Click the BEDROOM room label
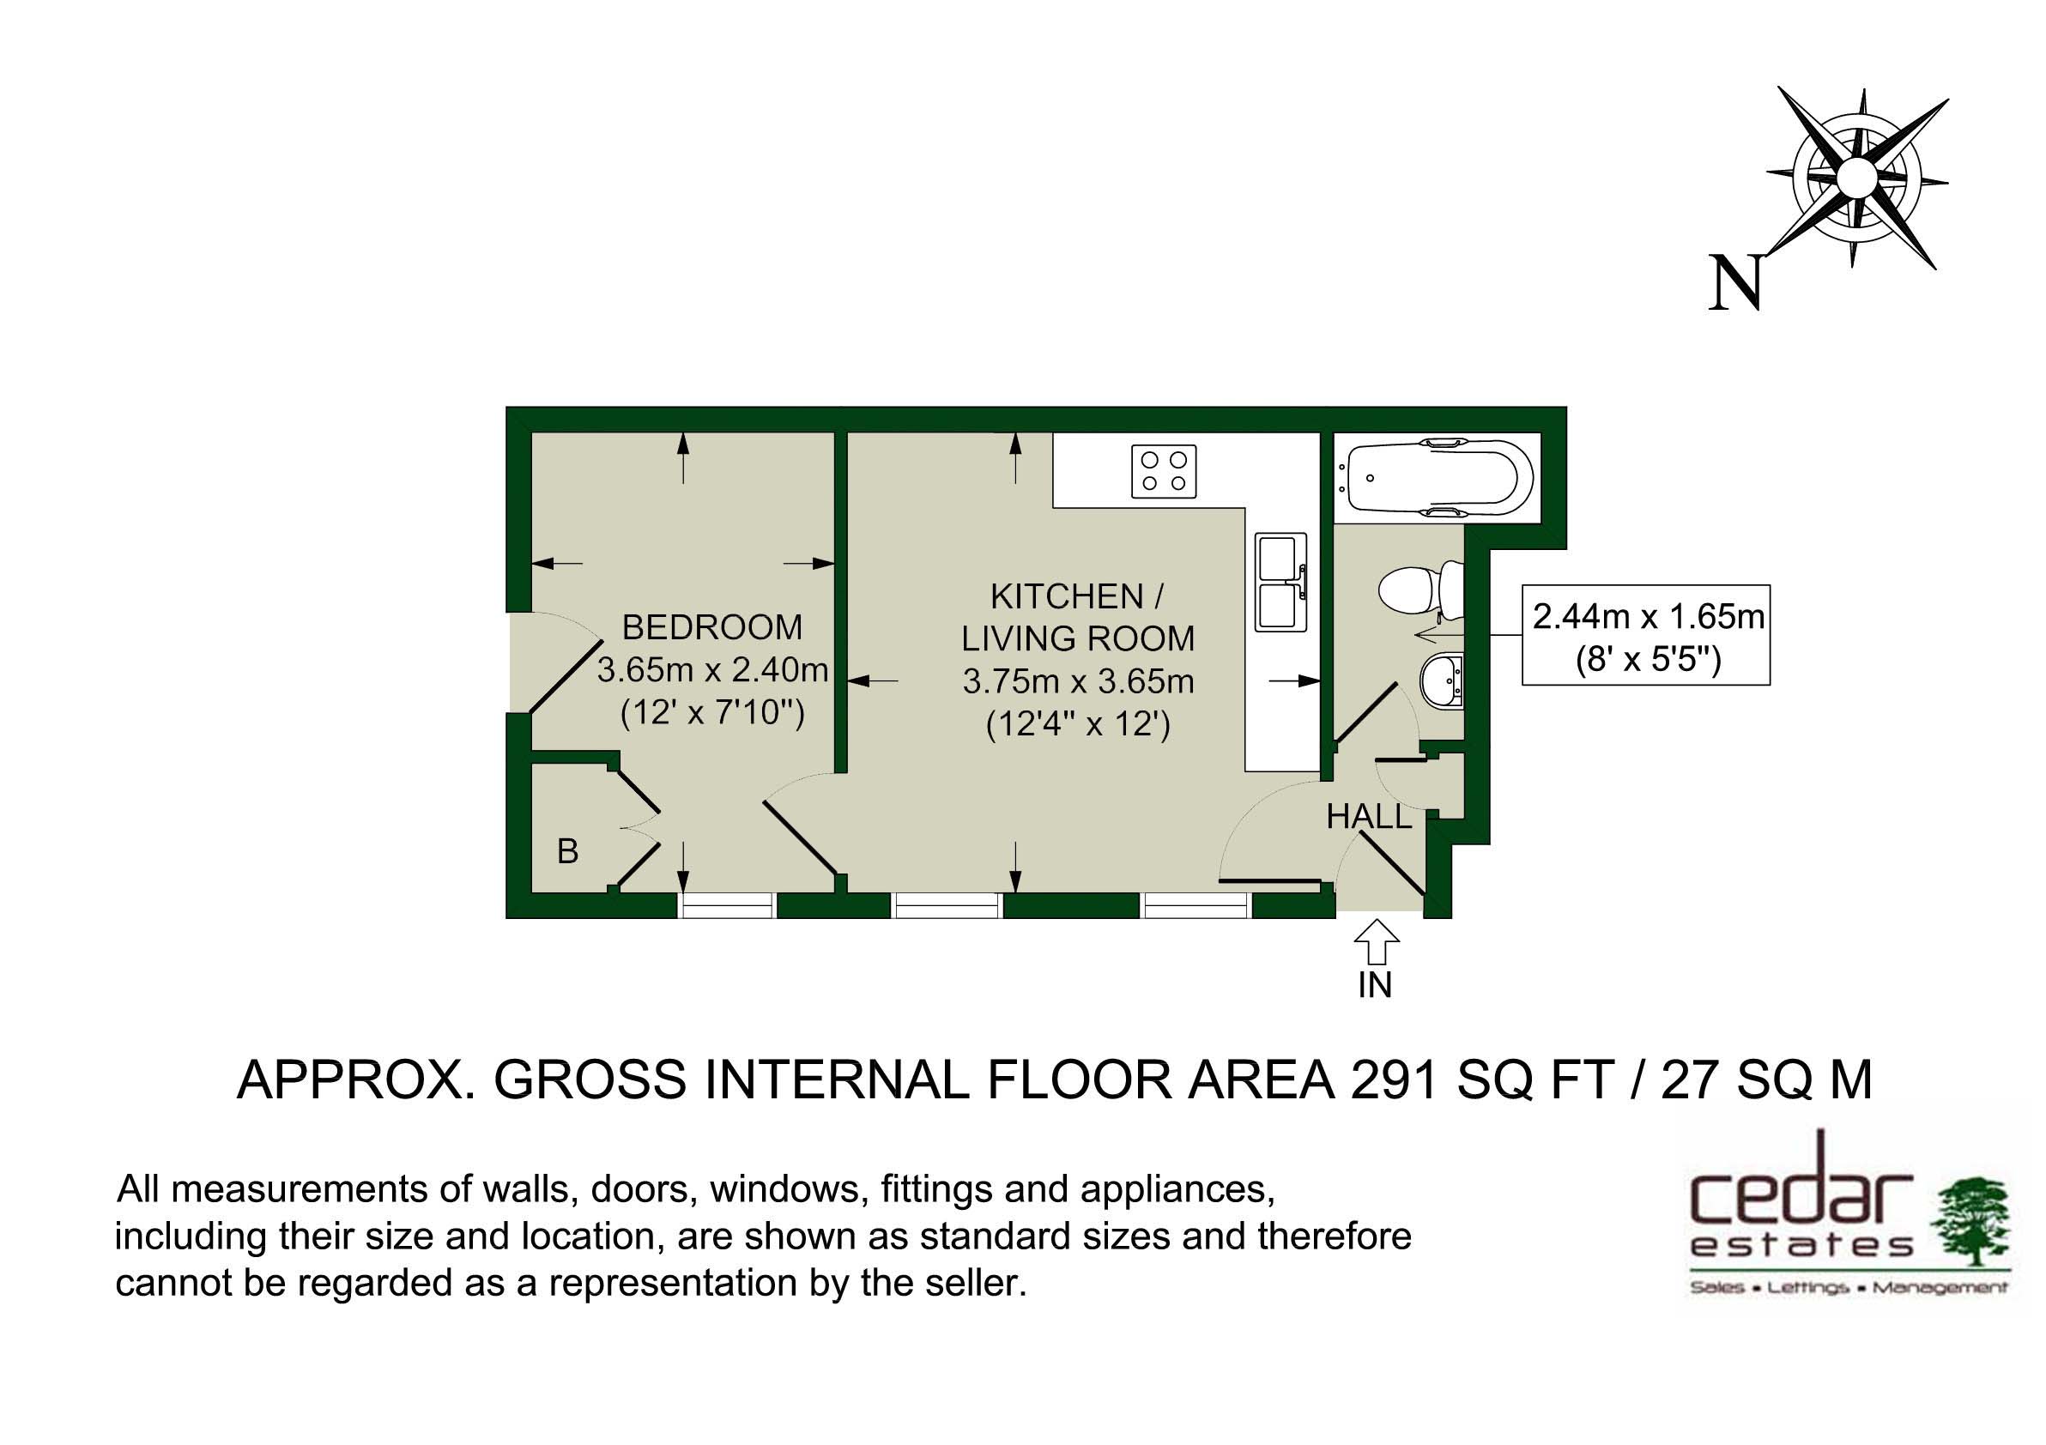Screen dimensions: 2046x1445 [712, 627]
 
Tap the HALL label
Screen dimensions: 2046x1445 [1369, 817]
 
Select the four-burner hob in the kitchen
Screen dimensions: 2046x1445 [1164, 471]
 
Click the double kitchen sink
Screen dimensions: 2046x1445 [1281, 581]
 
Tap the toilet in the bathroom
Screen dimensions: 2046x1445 [1420, 589]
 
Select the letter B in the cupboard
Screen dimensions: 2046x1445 [567, 852]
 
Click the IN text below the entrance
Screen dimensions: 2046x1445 [1375, 985]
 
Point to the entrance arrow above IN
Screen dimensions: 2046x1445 [1377, 941]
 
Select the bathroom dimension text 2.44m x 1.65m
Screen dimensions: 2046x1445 [1648, 616]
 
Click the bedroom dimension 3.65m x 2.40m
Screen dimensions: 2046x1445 [712, 670]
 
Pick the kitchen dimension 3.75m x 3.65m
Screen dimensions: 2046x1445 [1078, 681]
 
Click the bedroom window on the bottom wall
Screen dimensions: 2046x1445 [726, 905]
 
